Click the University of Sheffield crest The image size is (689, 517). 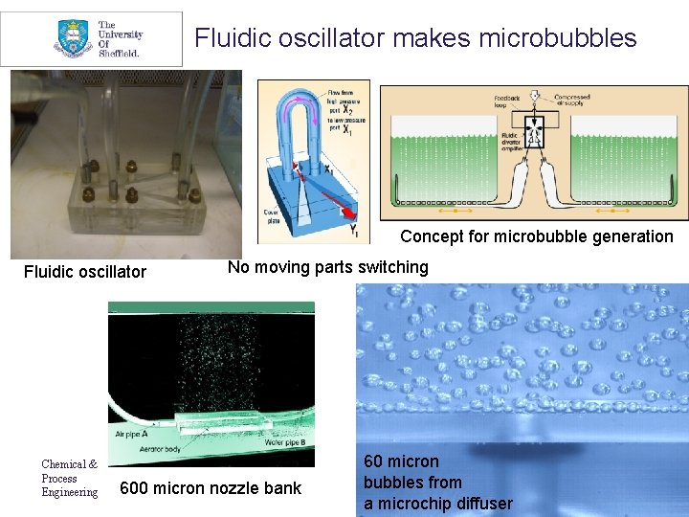[x=73, y=37]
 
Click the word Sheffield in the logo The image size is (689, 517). [x=120, y=54]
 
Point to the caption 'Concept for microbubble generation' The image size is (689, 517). [x=536, y=236]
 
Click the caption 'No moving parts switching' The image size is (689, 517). [x=327, y=267]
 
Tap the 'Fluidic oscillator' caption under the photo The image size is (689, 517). [x=85, y=272]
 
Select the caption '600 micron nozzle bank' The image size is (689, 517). [x=210, y=488]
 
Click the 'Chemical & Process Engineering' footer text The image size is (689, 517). [x=69, y=479]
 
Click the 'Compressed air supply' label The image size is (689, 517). [x=571, y=101]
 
